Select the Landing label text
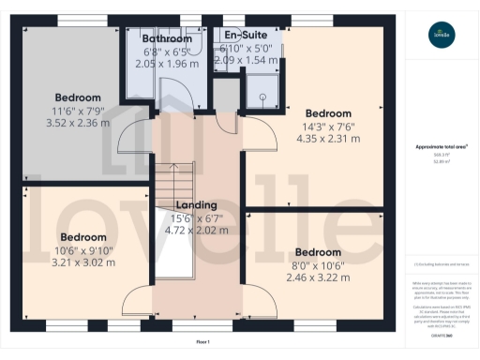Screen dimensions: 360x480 [x=197, y=205]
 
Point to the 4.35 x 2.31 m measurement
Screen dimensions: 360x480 [x=327, y=138]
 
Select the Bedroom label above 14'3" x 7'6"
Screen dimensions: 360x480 [x=327, y=113]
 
